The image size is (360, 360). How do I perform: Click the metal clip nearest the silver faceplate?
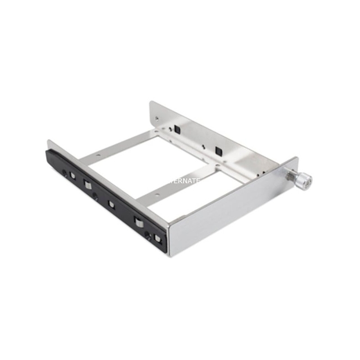157,238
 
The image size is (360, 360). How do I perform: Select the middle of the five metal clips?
111,204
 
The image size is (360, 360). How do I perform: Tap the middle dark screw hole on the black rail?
95,196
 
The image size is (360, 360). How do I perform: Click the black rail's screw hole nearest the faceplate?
147,234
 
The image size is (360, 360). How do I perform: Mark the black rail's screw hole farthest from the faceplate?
64,173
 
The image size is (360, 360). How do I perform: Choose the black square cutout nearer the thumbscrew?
219,150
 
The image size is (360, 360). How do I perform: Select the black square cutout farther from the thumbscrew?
177,129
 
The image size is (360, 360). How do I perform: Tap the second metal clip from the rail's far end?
87,185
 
